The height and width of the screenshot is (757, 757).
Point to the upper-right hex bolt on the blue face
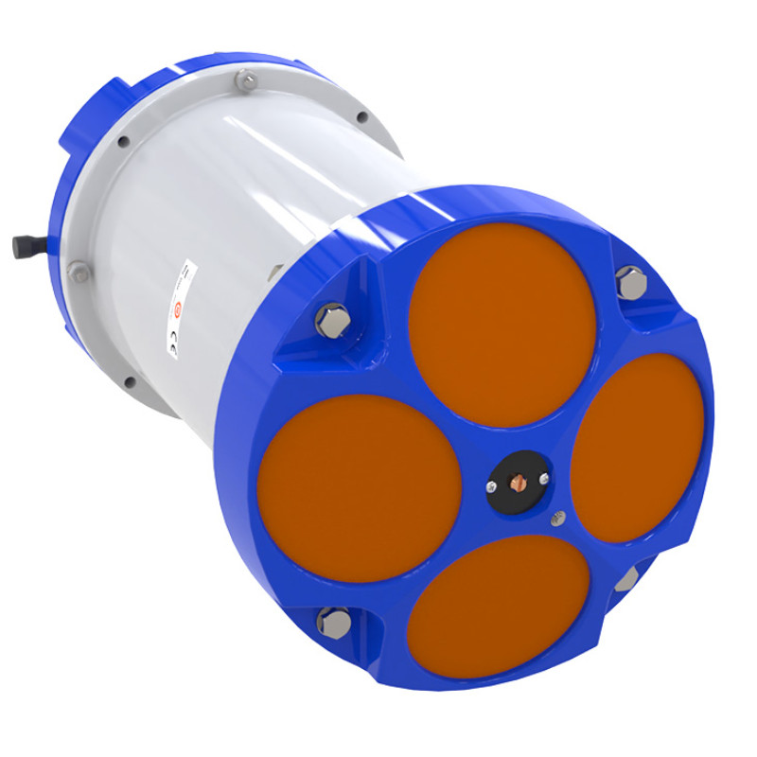click(x=629, y=281)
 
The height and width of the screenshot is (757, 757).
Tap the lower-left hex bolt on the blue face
click(x=333, y=622)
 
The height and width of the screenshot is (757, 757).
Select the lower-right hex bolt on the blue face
click(x=626, y=579)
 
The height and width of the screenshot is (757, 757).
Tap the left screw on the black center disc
click(x=491, y=487)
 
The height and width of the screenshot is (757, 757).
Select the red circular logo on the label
click(x=177, y=308)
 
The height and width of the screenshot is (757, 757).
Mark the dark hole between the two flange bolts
click(x=124, y=143)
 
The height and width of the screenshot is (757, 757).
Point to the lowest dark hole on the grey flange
click(x=130, y=382)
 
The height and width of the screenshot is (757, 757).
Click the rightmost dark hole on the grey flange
click(x=362, y=117)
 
